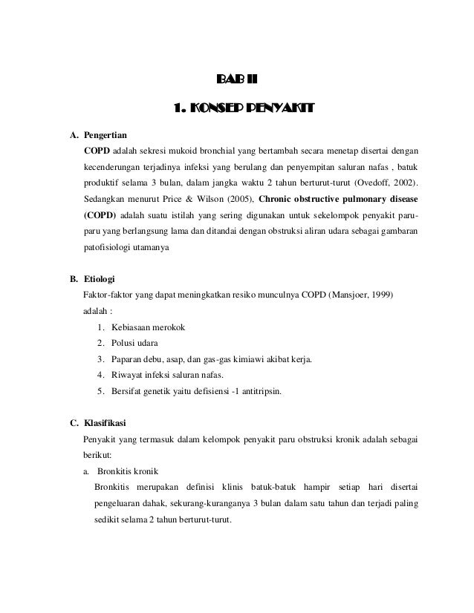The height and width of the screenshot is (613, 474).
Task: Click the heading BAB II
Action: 236,80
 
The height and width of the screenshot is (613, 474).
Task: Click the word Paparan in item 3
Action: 126,360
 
